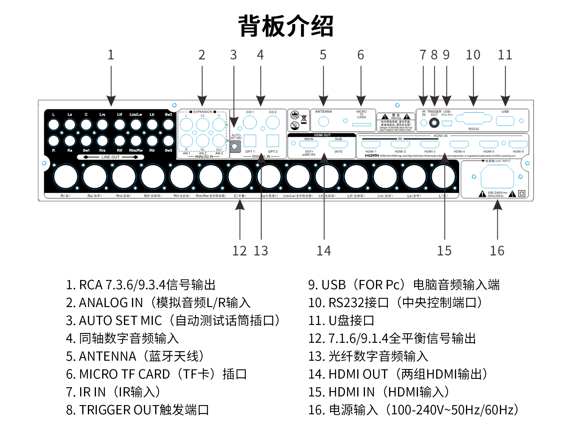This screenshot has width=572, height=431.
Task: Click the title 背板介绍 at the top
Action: click(286, 26)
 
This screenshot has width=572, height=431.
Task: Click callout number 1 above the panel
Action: click(111, 55)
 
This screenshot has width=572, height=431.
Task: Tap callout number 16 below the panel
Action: click(497, 251)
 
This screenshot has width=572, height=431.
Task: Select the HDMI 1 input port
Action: click(371, 144)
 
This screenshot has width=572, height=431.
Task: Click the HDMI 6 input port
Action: click(518, 144)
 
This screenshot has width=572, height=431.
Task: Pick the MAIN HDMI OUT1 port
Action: click(309, 144)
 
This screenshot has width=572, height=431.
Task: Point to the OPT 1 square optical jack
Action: click(250, 141)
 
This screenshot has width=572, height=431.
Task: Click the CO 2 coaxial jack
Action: click(273, 122)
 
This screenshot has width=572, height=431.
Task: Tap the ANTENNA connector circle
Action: click(324, 121)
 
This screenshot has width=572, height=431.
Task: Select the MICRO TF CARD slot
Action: click(361, 125)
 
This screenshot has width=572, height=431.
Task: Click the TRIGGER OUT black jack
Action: click(434, 123)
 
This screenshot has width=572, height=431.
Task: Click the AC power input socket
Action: click(497, 176)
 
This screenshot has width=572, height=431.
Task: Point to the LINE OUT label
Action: click(110, 157)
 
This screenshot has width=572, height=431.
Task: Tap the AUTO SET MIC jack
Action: click(235, 146)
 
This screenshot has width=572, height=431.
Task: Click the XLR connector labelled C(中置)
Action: click(240, 177)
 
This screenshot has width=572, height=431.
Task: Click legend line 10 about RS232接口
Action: click(395, 303)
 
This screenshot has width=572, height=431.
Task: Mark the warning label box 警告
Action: click(396, 122)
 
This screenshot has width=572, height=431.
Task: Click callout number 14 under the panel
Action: click(324, 251)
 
